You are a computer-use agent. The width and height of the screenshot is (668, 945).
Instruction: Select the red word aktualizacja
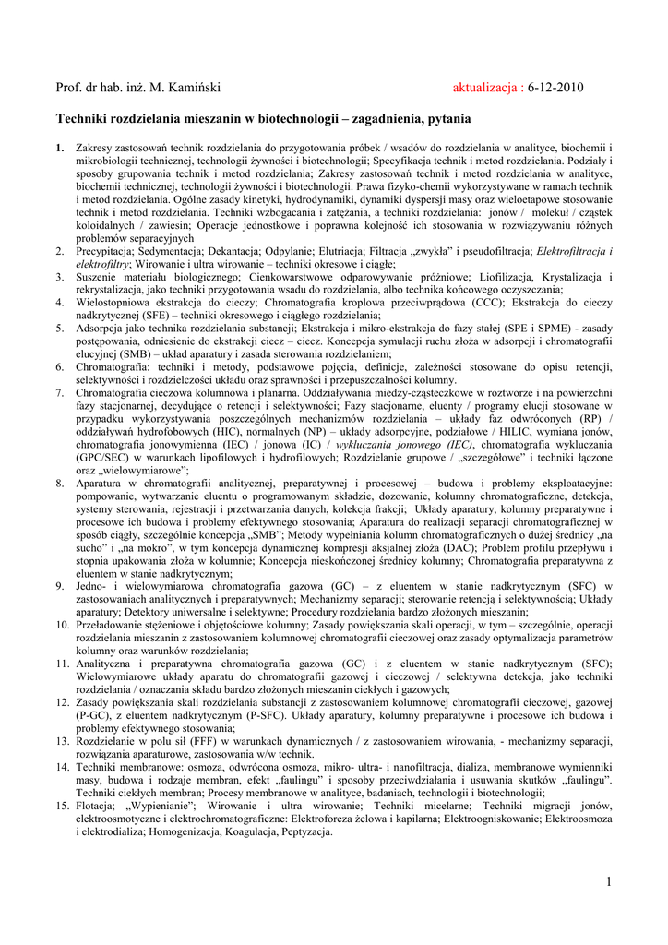pyautogui.click(x=486, y=88)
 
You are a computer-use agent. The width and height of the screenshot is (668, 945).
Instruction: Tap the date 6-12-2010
pyautogui.click(x=556, y=88)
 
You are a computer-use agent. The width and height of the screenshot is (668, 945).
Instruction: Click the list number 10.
pyautogui.click(x=60, y=625)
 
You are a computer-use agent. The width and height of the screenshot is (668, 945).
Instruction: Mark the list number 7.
pyautogui.click(x=60, y=393)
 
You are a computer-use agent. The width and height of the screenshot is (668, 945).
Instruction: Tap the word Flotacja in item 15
pyautogui.click(x=100, y=806)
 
